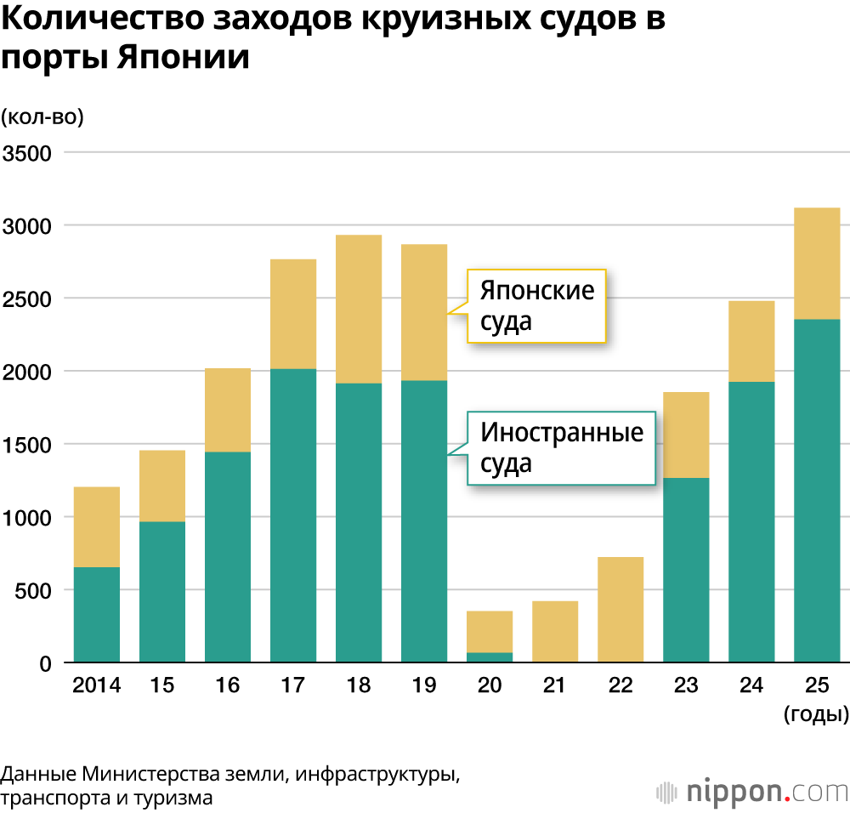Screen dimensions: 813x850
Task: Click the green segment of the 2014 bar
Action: click(97, 614)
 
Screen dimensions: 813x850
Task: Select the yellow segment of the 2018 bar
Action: click(359, 309)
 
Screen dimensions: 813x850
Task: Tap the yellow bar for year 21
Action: click(555, 631)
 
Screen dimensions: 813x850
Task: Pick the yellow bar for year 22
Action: click(620, 609)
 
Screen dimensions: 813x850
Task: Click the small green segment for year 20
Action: click(490, 657)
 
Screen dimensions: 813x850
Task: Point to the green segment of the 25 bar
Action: click(817, 491)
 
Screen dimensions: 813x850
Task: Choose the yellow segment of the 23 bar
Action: click(686, 435)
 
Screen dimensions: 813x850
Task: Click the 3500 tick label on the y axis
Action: click(27, 153)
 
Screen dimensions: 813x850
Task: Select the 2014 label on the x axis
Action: click(97, 685)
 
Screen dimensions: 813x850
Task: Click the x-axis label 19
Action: click(424, 685)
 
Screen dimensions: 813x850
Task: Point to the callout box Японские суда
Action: click(536, 305)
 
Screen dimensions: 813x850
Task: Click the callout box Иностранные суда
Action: click(562, 447)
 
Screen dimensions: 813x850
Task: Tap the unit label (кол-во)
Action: click(42, 117)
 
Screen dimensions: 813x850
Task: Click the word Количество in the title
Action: click(93, 20)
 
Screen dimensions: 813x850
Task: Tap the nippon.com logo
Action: click(753, 791)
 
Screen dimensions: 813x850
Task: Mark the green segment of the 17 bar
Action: click(293, 515)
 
